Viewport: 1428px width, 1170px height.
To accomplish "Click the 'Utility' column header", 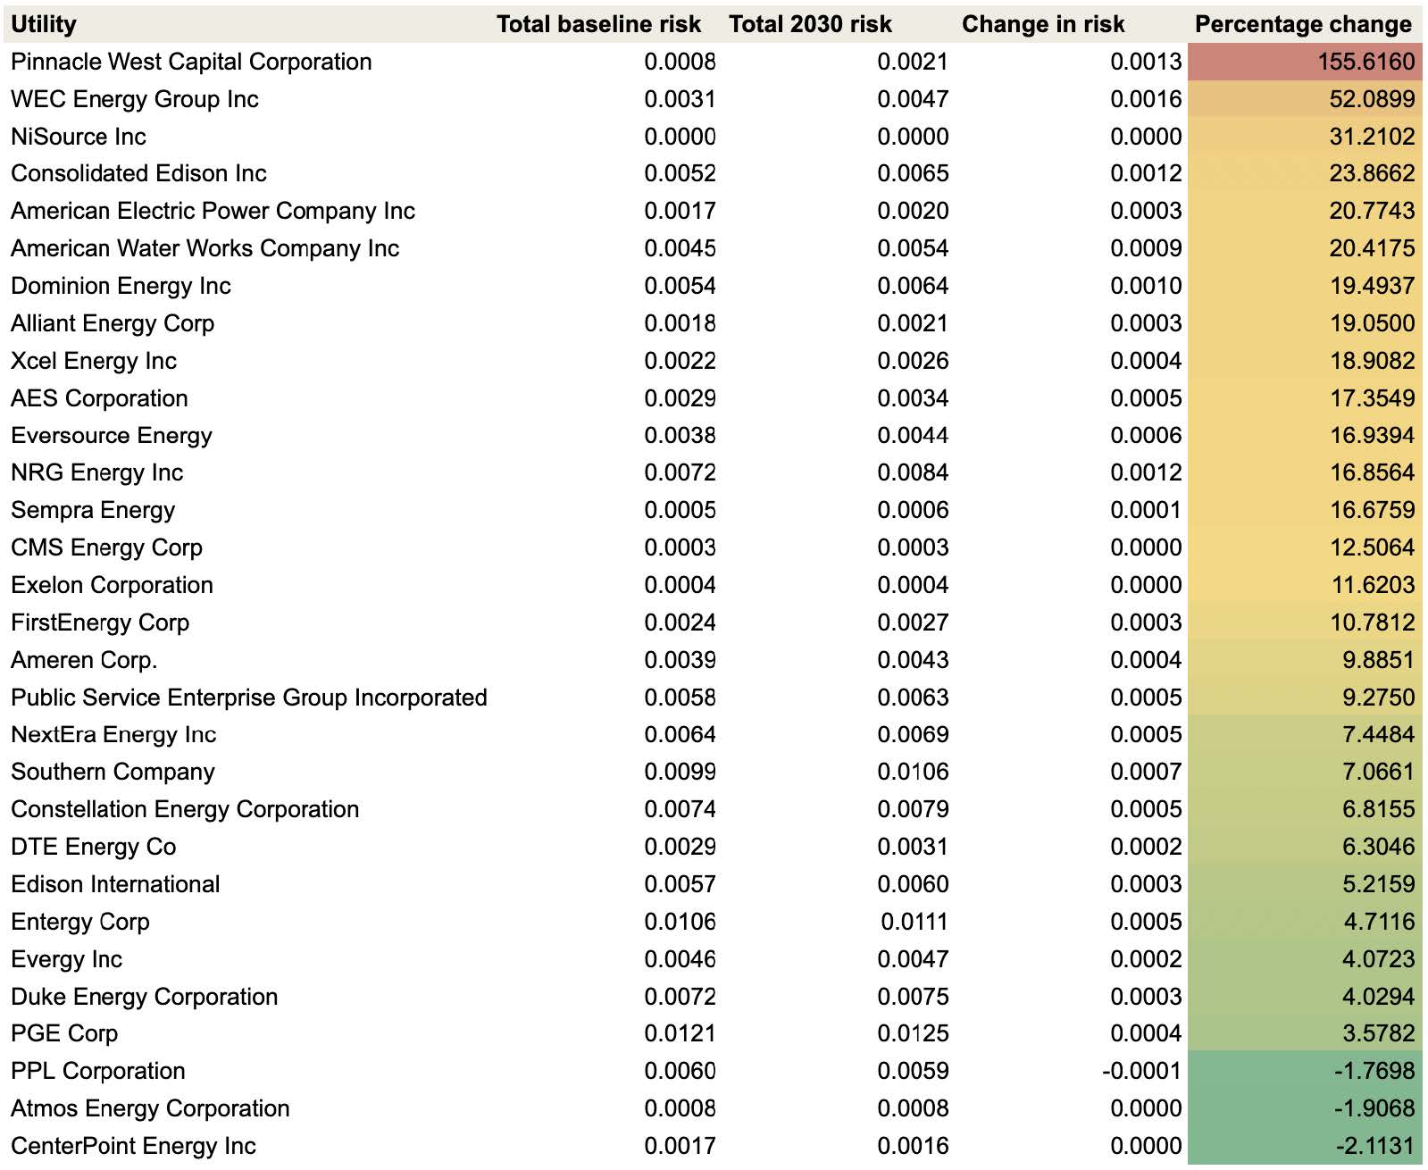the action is coord(44,24).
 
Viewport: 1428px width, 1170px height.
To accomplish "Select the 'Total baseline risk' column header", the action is coord(598,24).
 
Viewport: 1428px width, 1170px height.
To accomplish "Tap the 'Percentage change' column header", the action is coord(1303,24).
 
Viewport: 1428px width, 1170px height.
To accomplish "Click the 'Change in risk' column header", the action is coord(1043,24).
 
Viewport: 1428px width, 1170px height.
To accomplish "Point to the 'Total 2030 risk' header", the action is coord(811,24).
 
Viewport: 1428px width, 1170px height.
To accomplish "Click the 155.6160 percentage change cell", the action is coord(1365,62).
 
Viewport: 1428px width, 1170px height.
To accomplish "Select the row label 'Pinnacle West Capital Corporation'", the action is coord(191,62).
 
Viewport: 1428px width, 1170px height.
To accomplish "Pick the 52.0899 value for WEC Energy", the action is coord(1372,99).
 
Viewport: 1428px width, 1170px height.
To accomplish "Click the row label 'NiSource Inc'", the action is coord(79,136).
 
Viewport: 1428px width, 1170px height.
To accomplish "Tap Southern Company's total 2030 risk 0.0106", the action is coord(913,771).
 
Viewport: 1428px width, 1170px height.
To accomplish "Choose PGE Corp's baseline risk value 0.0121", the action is coord(680,1032).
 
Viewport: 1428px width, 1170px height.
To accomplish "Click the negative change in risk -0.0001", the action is coord(1141,1071).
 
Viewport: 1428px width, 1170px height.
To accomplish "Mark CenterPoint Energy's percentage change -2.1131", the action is coord(1375,1146).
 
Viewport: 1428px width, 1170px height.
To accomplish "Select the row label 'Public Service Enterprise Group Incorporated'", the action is coord(249,697).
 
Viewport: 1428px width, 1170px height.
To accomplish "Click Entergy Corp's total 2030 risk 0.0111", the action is coord(914,921).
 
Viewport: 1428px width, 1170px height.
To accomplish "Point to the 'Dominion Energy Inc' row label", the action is coord(121,286).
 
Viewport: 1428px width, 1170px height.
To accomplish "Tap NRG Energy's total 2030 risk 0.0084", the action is coord(913,472).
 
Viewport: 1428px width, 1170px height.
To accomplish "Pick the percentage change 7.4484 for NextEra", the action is coord(1379,734).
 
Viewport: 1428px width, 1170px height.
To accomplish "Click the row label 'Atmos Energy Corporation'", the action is coord(150,1107).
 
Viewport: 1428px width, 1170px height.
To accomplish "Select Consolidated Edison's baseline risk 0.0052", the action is coord(680,173).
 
